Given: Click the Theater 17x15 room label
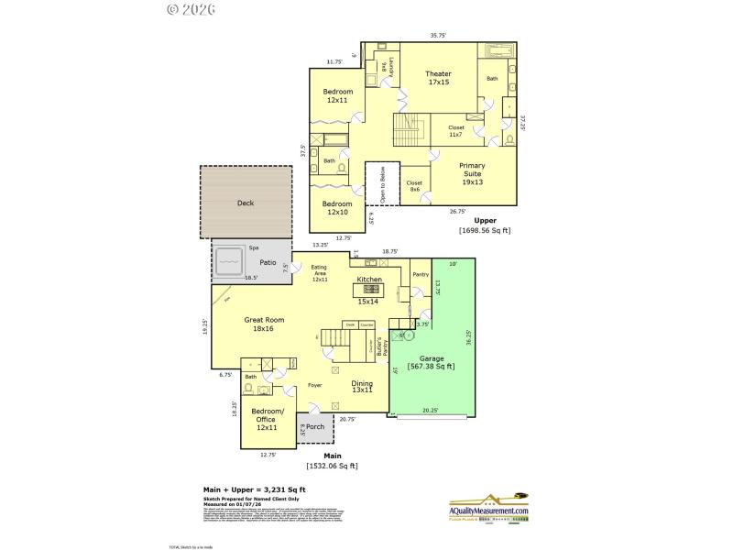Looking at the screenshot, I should click(438, 79).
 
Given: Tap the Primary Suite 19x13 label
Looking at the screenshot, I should click(472, 174).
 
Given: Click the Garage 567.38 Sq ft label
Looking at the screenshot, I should click(432, 363).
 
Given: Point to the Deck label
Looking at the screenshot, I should click(246, 203).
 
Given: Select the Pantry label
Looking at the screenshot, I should click(421, 274).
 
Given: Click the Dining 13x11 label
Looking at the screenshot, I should click(362, 387).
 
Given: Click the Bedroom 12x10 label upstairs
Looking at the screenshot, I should click(337, 208).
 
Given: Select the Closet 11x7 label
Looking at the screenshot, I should click(455, 131).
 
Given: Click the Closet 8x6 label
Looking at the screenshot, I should click(414, 186).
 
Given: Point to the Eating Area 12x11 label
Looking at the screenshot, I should click(319, 273).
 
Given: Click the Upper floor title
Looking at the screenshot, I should click(485, 221).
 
